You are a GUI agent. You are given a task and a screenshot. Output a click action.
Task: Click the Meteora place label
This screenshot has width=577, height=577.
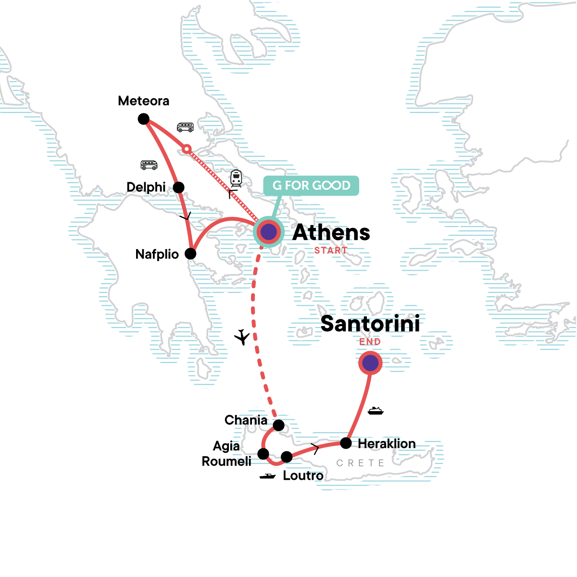[x=143, y=101]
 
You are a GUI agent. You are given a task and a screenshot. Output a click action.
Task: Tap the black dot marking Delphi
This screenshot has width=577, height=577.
[x=178, y=187]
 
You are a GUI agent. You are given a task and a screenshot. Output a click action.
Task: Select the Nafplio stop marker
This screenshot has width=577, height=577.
[x=191, y=253]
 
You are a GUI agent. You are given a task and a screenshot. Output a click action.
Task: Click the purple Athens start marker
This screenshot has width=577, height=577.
[x=268, y=232]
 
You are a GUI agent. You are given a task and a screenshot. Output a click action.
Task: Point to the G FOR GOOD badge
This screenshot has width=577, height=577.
[x=311, y=186]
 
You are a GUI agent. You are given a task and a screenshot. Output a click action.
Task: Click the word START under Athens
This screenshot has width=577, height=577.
[x=330, y=251]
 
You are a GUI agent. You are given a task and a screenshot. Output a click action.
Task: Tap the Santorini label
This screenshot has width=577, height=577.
[x=370, y=324]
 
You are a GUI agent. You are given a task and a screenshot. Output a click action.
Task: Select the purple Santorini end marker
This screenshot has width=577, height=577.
[x=370, y=363]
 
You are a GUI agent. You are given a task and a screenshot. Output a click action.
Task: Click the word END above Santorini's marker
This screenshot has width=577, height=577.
[x=370, y=342]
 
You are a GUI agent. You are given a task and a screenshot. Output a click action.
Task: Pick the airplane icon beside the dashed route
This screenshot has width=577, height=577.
[x=243, y=337]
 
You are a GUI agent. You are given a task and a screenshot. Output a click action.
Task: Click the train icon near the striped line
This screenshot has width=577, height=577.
[x=236, y=178]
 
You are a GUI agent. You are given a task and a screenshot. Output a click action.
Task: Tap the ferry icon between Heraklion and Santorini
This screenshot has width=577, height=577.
[x=376, y=411]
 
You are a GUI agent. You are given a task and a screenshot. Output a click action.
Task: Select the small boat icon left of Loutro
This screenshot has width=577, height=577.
[x=268, y=476]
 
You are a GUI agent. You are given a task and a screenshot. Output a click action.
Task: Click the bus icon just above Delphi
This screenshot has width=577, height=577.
[x=149, y=165]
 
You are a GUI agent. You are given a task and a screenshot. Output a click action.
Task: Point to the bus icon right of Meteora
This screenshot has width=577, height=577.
[x=185, y=127]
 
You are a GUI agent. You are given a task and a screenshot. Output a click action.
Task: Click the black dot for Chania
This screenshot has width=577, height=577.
[x=278, y=425]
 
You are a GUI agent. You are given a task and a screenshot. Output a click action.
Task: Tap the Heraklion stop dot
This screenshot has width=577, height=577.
[x=346, y=443]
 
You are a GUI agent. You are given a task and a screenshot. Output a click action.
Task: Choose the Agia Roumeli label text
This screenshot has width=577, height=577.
[x=226, y=453]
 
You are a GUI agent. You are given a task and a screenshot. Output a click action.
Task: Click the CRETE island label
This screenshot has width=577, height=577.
[x=360, y=463]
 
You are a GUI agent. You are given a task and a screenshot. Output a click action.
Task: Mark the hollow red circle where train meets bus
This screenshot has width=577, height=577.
[x=187, y=149]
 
